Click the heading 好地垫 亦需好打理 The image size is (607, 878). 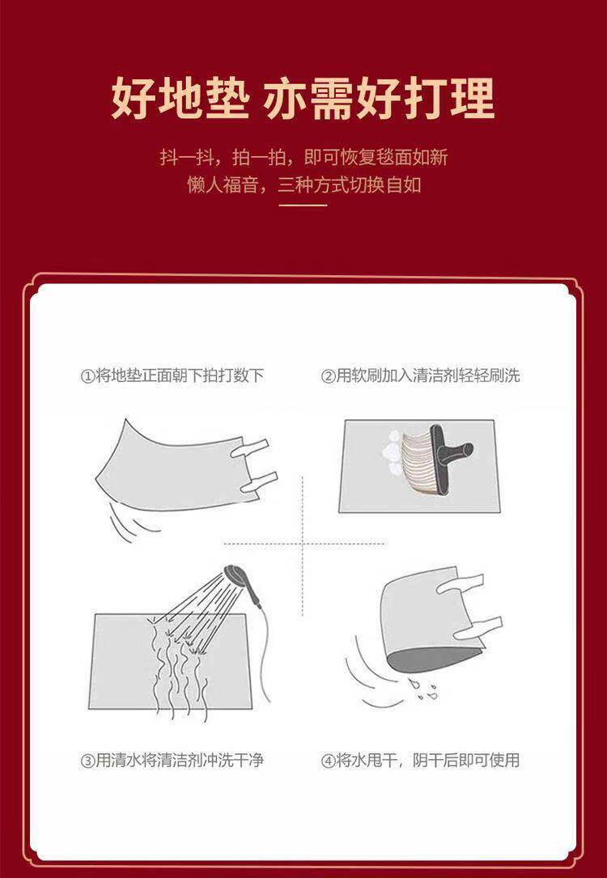(303, 99)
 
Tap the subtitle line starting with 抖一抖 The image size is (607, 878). (303, 157)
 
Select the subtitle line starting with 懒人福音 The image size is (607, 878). (303, 185)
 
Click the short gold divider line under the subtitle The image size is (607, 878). (303, 206)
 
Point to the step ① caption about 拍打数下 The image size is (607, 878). (172, 375)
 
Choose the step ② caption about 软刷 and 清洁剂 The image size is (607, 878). (420, 375)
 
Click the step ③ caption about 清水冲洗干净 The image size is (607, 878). (172, 760)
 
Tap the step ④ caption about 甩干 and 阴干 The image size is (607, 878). (420, 760)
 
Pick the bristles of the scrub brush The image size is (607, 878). (417, 463)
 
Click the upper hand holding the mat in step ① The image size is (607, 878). (248, 448)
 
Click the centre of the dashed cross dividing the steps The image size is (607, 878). (303, 543)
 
